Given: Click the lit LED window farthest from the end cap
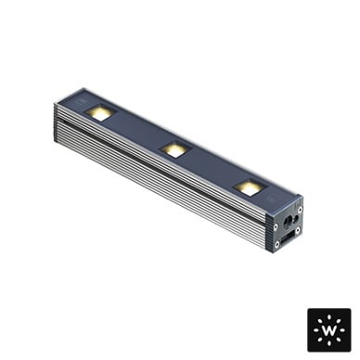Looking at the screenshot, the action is tap(99, 112).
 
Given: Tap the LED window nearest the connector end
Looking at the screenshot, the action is tap(250, 186).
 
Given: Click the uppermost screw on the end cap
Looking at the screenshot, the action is tap(299, 210).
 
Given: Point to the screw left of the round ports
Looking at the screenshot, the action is tap(276, 227).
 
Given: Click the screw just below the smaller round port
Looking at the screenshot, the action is tap(297, 230).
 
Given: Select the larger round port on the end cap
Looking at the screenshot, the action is tap(289, 222).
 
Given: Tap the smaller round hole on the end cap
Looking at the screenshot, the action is tap(296, 219).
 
